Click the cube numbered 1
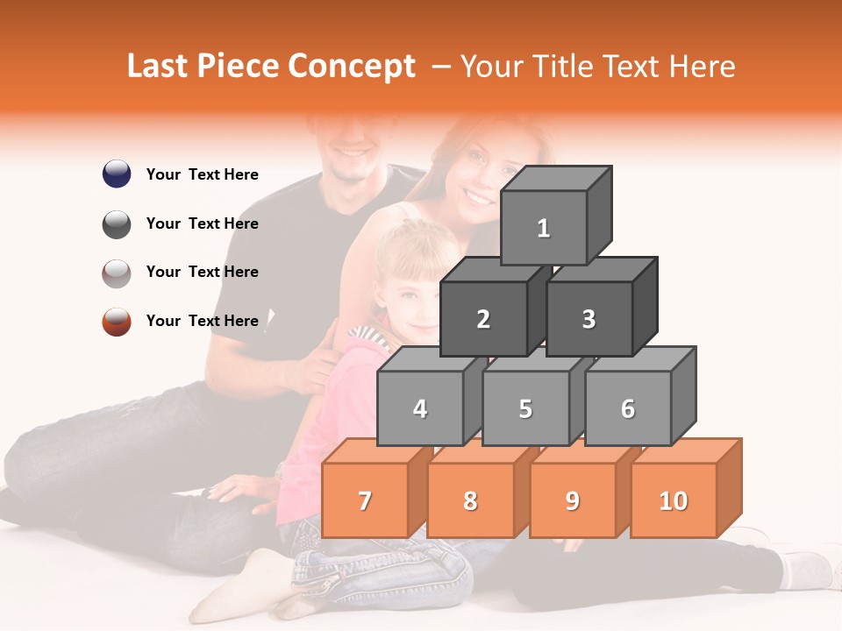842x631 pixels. click(x=544, y=228)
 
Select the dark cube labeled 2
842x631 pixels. click(x=483, y=319)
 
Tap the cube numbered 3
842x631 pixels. click(x=589, y=319)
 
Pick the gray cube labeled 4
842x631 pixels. click(x=420, y=408)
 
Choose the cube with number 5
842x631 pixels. click(x=525, y=408)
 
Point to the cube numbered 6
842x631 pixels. click(x=628, y=408)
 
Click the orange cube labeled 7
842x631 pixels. click(x=365, y=500)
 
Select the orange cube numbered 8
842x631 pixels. click(x=470, y=500)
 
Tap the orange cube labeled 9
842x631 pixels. click(x=572, y=500)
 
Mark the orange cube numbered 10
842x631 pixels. click(x=673, y=500)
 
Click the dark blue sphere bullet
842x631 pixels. click(x=117, y=174)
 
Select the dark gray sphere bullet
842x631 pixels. click(x=117, y=223)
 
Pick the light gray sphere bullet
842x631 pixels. click(x=117, y=273)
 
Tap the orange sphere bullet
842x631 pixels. click(x=117, y=321)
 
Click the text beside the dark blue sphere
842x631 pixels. click(x=202, y=174)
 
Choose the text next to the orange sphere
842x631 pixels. click(x=202, y=321)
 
